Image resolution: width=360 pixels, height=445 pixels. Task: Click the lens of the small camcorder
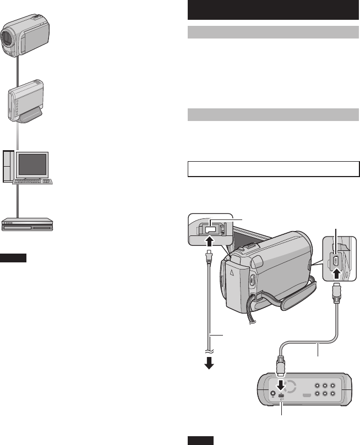click(7, 39)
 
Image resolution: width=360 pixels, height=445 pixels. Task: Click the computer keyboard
click(32, 181)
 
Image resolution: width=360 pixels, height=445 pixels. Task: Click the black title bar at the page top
click(273, 10)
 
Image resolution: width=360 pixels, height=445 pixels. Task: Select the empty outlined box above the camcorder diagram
click(273, 169)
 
